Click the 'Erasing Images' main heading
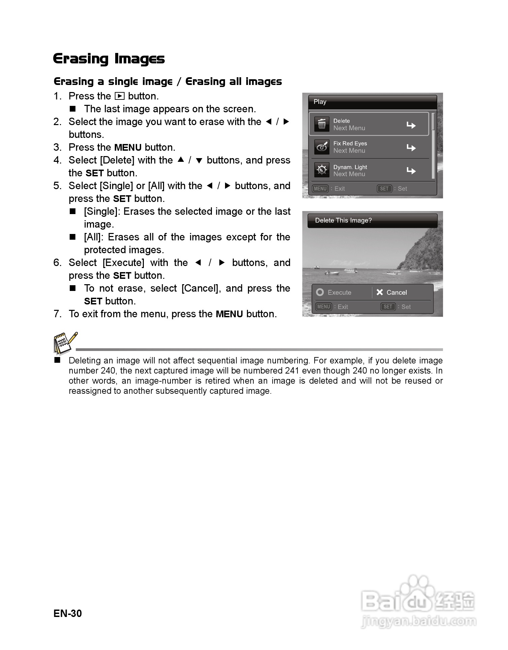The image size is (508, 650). coord(109,59)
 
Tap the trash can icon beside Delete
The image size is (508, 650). coord(322,124)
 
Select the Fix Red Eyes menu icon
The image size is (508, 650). coord(322,147)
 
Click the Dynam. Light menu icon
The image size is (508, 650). coord(322,170)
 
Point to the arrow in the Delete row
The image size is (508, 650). coord(411,125)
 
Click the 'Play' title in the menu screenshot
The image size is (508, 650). coord(320,102)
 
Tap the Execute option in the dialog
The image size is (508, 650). coord(335,292)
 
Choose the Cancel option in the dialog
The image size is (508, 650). coord(392,292)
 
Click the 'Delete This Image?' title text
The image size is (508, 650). coord(343,220)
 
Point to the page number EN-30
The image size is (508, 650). coord(68,613)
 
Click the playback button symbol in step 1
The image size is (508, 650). coord(120,96)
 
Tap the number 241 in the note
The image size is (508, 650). coord(291,371)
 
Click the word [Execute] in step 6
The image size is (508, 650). coord(123,263)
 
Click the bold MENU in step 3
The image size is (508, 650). coord(128,148)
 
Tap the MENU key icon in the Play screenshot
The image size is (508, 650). coord(320,189)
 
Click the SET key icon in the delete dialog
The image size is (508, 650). coord(388,307)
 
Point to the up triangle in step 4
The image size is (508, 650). coord(181,160)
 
